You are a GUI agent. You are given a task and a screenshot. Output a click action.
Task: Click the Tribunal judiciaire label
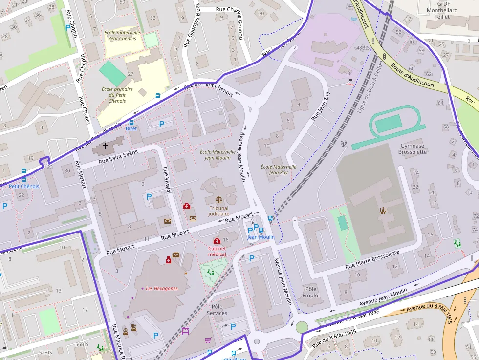218,211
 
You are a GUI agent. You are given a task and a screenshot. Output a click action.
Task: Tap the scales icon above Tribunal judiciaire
218,200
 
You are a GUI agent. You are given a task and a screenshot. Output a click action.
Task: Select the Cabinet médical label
217,251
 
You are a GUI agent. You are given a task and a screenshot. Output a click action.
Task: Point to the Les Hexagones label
162,288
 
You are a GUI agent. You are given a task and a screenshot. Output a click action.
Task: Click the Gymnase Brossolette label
414,148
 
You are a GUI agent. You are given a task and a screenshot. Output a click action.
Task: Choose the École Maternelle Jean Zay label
279,169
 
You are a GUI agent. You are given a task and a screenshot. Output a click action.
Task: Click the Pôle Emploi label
311,292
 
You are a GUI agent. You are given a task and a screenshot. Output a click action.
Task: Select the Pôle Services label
217,310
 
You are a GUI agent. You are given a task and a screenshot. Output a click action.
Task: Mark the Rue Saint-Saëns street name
118,156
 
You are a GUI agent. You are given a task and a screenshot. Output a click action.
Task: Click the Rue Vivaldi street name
166,180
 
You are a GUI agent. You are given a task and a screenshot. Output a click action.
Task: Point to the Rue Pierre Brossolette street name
372,259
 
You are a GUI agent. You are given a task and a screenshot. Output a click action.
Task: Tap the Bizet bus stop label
131,128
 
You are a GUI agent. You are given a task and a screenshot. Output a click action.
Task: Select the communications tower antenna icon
343,144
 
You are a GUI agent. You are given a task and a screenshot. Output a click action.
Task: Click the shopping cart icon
208,340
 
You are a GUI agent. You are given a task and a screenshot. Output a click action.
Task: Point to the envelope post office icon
175,254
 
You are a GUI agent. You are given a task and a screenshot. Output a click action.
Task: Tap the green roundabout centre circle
302,326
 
